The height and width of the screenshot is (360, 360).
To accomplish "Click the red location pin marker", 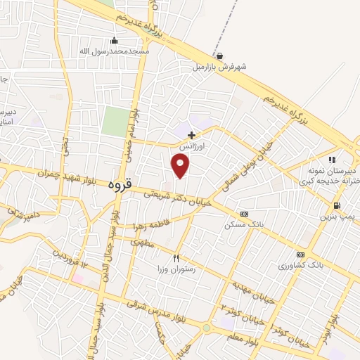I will tap(181, 165).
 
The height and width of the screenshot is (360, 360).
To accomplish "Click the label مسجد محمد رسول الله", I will tap(114, 51).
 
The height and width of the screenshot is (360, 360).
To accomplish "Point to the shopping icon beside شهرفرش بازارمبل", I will tap(220, 56).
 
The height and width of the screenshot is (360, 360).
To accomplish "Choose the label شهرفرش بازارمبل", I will tap(220, 68).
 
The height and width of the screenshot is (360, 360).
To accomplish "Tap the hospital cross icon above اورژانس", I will tap(191, 134).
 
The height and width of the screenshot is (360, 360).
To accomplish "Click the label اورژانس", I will tap(191, 146).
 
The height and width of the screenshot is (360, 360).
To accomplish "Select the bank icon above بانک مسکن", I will tap(244, 214).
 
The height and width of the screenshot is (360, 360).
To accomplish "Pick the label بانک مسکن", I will tap(244, 225).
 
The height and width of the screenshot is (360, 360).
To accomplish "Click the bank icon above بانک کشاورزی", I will tap(301, 255).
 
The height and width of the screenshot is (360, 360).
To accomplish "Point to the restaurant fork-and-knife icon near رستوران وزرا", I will tap(176, 258).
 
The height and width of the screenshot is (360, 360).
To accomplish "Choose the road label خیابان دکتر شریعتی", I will tap(176, 198).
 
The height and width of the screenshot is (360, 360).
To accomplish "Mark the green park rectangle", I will tap(115, 122).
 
